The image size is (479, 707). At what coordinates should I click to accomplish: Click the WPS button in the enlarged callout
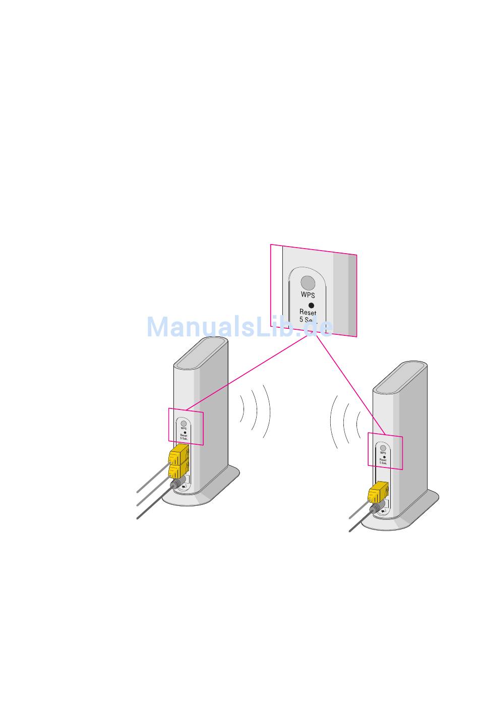click(308, 283)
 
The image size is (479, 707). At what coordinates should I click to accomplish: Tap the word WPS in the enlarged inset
click(308, 295)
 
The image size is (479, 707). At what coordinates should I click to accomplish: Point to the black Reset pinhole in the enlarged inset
click(311, 305)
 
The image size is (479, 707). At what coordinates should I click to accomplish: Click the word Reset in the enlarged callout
click(308, 313)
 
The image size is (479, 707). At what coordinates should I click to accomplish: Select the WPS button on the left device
click(184, 424)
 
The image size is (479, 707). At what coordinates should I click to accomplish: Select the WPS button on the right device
click(383, 448)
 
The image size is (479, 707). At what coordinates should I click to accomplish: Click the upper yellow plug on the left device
click(178, 455)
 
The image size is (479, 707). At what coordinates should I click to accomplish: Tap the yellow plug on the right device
click(378, 493)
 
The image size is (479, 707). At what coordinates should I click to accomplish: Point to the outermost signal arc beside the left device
click(268, 411)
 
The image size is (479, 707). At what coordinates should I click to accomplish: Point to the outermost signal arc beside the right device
click(333, 421)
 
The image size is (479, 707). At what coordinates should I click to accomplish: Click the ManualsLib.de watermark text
click(240, 327)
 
